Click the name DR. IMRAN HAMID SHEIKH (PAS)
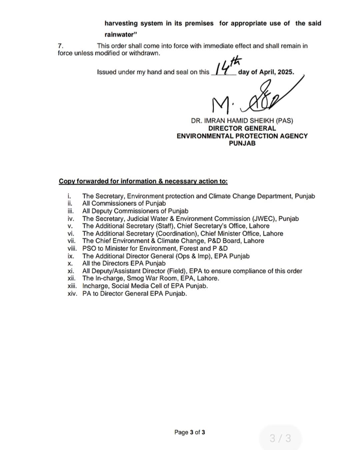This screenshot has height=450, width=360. click(x=242, y=121)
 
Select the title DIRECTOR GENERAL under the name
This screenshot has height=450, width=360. click(x=242, y=128)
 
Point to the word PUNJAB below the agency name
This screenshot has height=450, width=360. click(x=242, y=143)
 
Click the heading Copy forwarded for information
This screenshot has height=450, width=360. click(x=143, y=181)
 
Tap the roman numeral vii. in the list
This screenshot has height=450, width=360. click(x=71, y=241)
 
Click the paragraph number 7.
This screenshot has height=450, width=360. click(x=60, y=46)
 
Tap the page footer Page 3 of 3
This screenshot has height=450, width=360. click(x=190, y=432)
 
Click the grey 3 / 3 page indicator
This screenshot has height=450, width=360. click(x=280, y=438)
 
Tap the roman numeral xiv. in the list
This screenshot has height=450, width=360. click(x=72, y=294)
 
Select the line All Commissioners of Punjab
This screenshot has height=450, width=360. click(x=124, y=203)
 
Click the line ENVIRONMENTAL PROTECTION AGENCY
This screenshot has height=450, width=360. click(x=242, y=136)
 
